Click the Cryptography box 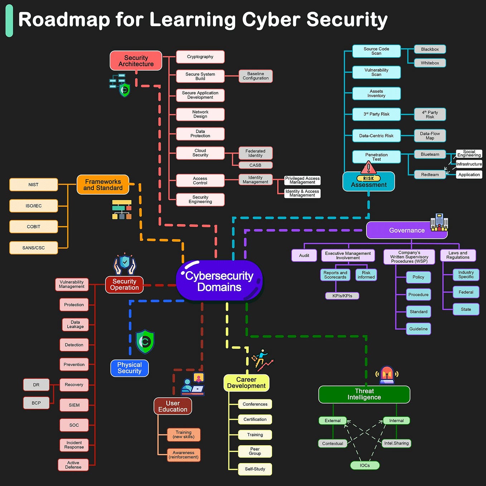(200, 57)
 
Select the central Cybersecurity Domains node (219, 281)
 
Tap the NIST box (34, 185)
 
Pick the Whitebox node (430, 63)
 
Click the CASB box (255, 165)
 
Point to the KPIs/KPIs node (342, 296)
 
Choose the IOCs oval (365, 465)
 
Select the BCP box (36, 403)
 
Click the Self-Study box (255, 469)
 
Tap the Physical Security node (130, 368)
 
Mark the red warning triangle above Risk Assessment (368, 167)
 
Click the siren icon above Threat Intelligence (387, 375)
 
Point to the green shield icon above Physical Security (145, 342)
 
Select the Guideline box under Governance (418, 329)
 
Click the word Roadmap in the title (64, 20)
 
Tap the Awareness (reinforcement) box (184, 455)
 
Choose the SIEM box (74, 405)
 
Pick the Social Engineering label (469, 154)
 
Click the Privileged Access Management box (302, 180)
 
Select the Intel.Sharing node (396, 443)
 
